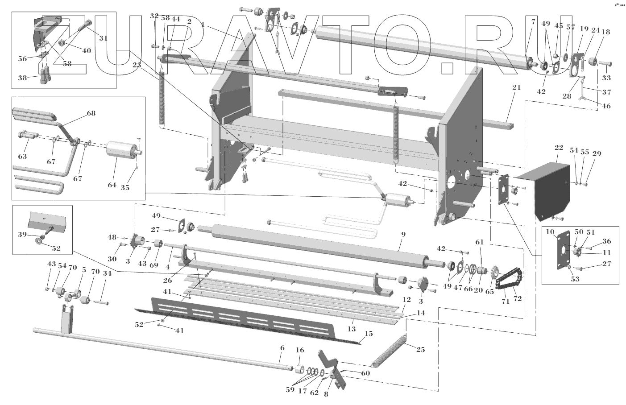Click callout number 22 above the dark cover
pyautogui.click(x=559, y=148)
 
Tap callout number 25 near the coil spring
pyautogui.click(x=420, y=349)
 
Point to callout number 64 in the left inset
pyautogui.click(x=112, y=185)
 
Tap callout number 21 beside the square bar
pyautogui.click(x=516, y=87)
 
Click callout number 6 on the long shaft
pyautogui.click(x=282, y=360)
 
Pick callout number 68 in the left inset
pyautogui.click(x=91, y=113)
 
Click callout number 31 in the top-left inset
pyautogui.click(x=104, y=38)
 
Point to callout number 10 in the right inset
pyautogui.click(x=549, y=231)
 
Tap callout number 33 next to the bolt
pyautogui.click(x=606, y=78)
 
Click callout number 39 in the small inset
pyautogui.click(x=22, y=234)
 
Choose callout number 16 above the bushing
pyautogui.click(x=299, y=350)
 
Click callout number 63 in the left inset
pyautogui.click(x=22, y=156)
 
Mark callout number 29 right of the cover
pyautogui.click(x=597, y=153)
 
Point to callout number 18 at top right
pyautogui.click(x=605, y=32)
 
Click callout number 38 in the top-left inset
pyautogui.click(x=22, y=77)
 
